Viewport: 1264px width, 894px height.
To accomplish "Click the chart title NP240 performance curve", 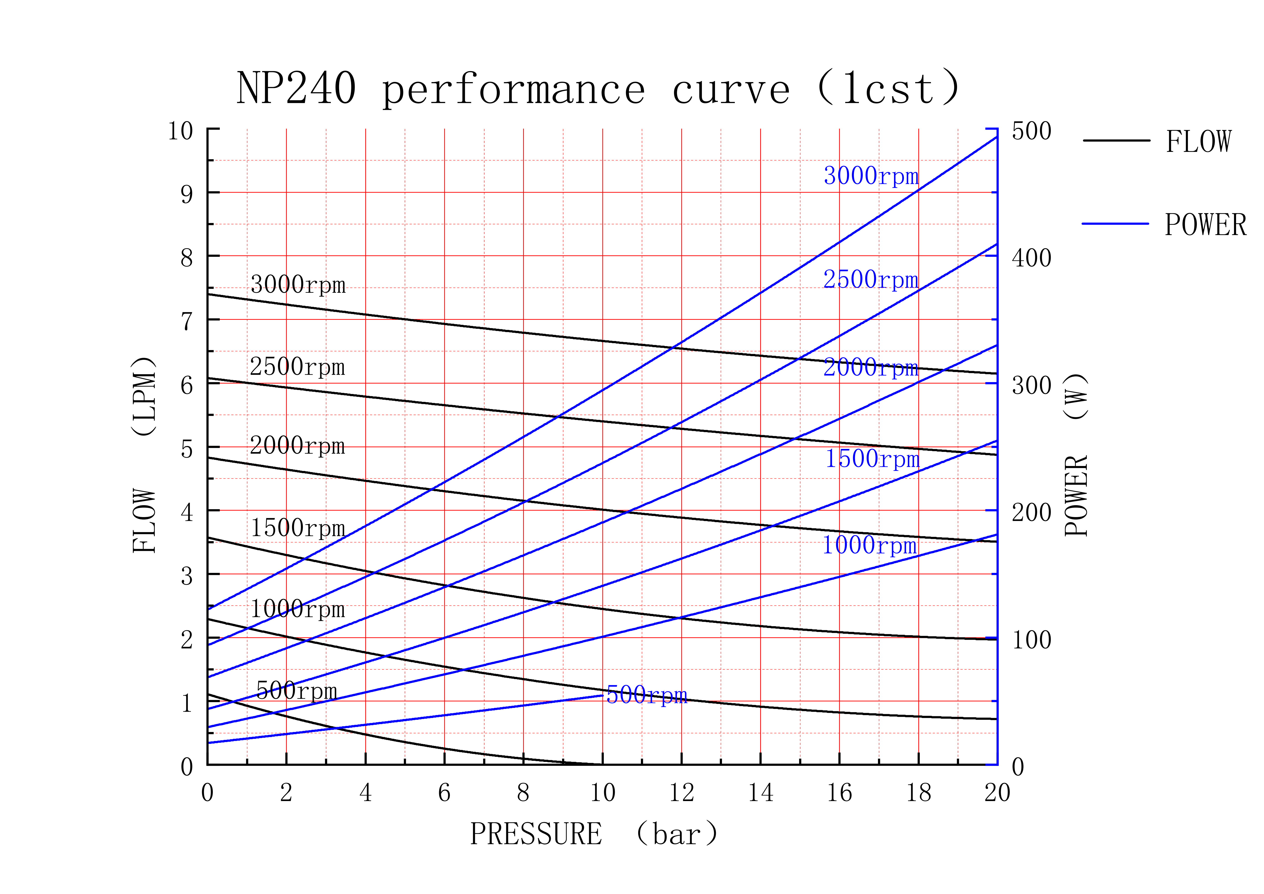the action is tap(599, 88).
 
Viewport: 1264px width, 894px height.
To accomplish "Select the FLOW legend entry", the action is tap(1157, 142).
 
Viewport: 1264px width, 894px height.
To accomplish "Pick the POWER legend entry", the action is tap(1164, 225).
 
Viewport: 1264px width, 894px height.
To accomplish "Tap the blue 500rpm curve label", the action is tap(647, 695).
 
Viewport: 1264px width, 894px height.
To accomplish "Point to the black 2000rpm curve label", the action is tap(297, 445).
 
